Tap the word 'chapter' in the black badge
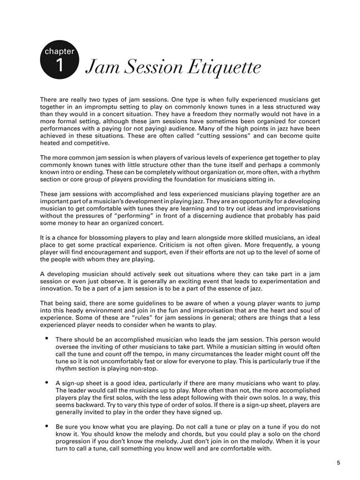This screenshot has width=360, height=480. (60, 52)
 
